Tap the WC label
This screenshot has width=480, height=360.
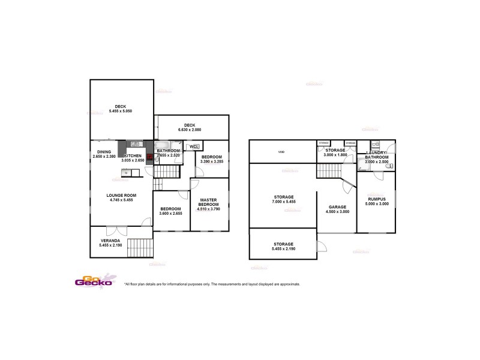coord(193,146)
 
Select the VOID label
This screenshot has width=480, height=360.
coord(281,152)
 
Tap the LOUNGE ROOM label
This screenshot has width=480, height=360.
coord(122,195)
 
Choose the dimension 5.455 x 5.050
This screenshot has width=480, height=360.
coord(121,111)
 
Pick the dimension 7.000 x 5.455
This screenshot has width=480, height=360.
coord(283,202)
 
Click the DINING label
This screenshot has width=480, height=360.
coord(104,152)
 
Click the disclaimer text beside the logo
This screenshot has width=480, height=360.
coord(212,284)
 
